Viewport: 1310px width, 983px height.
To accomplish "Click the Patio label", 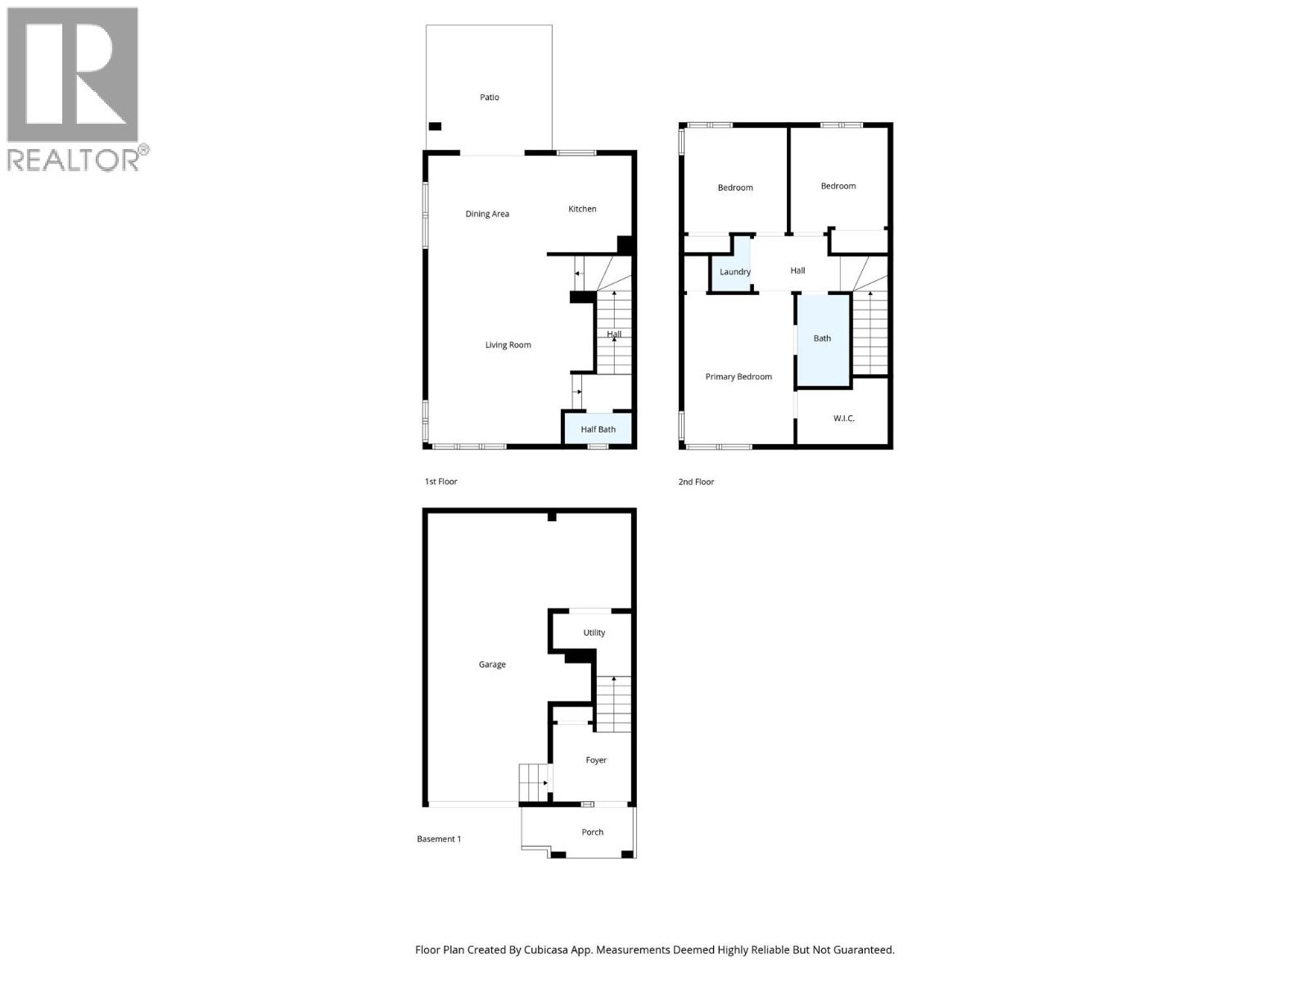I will (x=489, y=97).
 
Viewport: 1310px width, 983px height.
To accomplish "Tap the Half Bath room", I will (x=598, y=429).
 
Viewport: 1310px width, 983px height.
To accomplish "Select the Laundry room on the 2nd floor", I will (x=734, y=271).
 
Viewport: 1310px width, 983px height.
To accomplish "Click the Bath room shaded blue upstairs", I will (x=822, y=338).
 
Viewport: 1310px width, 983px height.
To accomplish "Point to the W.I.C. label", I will (x=843, y=419).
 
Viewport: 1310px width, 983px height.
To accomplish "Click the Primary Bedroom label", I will (x=739, y=377).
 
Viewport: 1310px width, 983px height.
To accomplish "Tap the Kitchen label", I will (x=582, y=209).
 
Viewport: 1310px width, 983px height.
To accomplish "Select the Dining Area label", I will (x=487, y=214).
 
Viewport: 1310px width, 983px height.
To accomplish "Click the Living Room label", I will (x=508, y=345).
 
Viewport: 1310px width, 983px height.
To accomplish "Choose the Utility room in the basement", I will (x=594, y=632).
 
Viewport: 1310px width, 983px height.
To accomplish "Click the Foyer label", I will (x=595, y=760).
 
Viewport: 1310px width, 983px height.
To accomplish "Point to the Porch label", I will (x=592, y=832).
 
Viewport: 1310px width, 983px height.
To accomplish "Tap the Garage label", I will (x=492, y=664).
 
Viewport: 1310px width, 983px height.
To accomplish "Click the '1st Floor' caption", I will (x=440, y=482).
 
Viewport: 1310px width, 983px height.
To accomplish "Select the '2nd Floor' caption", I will (x=696, y=482).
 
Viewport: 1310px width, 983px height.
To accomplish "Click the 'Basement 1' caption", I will (x=439, y=839).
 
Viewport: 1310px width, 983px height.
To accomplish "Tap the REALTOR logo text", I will (x=74, y=159).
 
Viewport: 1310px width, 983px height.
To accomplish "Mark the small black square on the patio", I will (x=435, y=126).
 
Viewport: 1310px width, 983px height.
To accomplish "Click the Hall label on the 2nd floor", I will (x=797, y=270).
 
